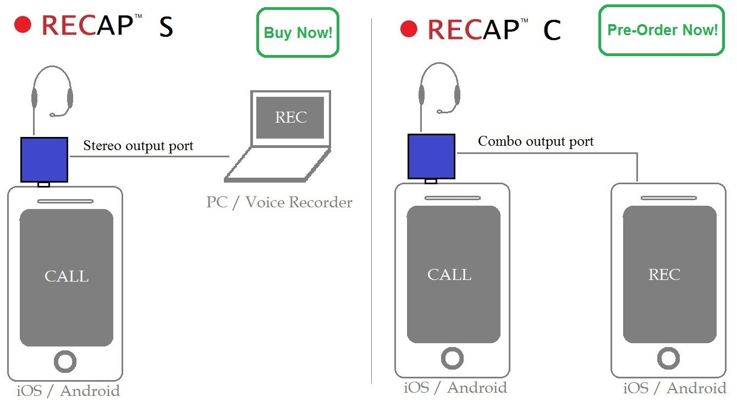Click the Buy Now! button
298,32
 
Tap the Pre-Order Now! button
662,30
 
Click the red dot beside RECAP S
23,24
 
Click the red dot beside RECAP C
409,28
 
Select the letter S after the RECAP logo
166,28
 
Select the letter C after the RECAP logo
552,30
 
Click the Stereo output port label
138,146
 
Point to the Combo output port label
536,141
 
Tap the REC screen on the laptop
290,118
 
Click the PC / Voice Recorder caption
279,202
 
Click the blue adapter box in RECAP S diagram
44,159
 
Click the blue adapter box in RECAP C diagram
431,156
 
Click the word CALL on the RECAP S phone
67,276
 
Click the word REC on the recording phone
664,274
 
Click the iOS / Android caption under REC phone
674,388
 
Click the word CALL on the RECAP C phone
449,274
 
